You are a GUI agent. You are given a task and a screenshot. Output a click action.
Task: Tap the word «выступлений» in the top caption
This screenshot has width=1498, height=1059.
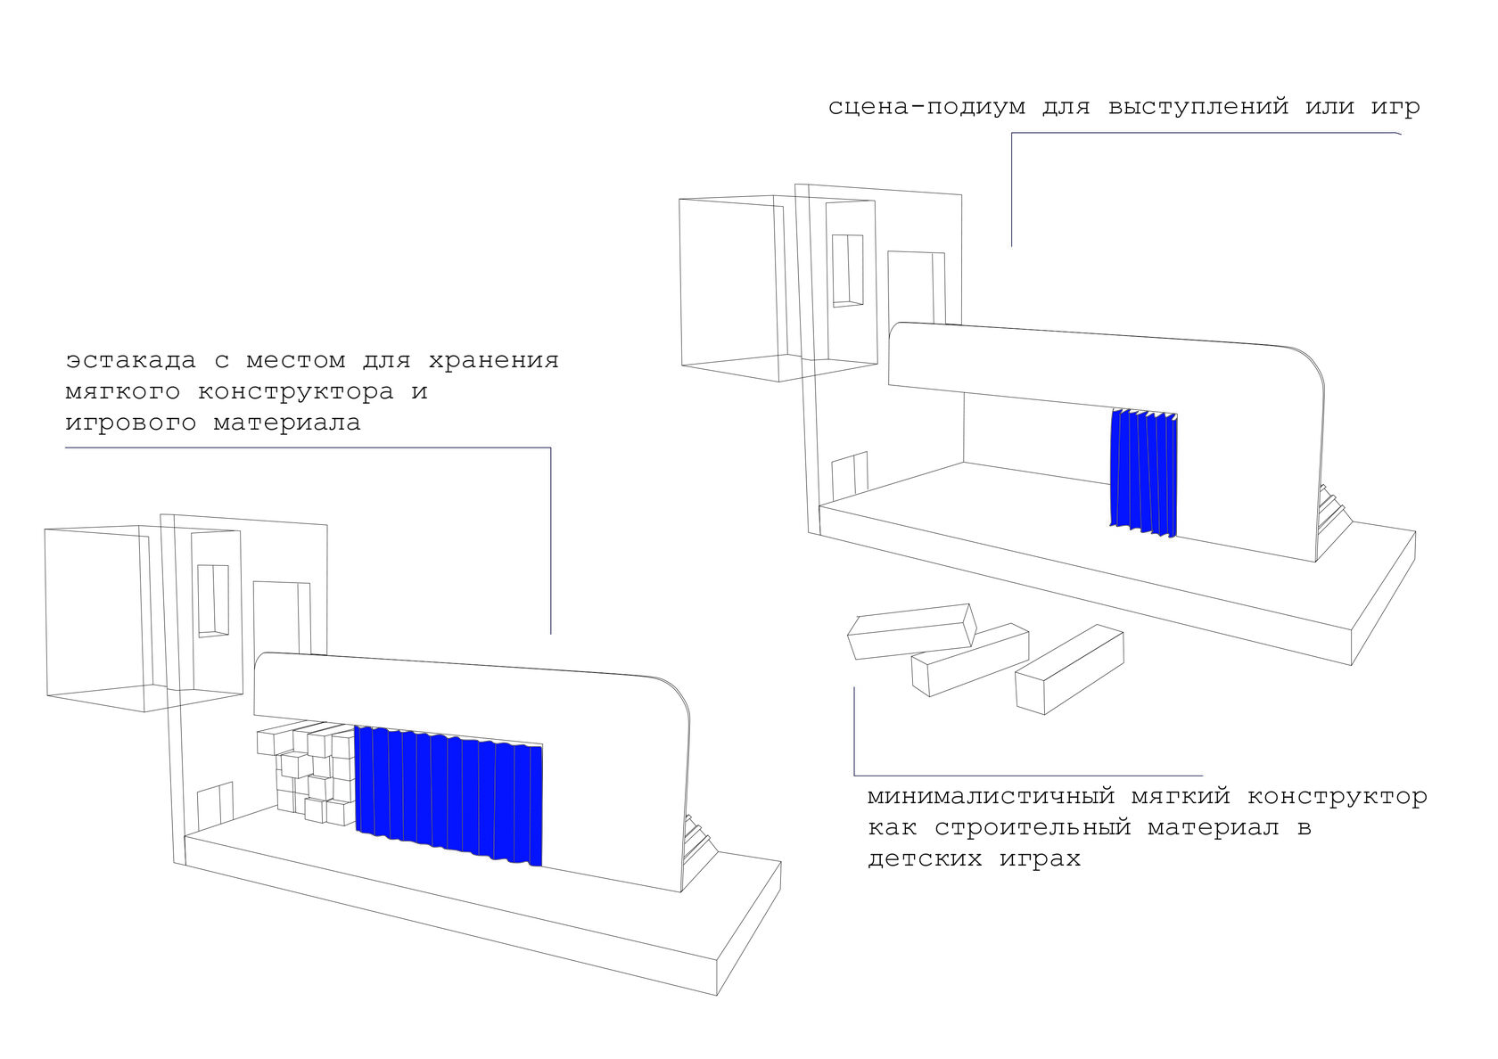tap(1198, 108)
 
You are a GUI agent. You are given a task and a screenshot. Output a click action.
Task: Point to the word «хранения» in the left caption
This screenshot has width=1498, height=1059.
tap(493, 361)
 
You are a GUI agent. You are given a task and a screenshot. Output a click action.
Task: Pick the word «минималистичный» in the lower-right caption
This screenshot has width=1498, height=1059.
tap(991, 796)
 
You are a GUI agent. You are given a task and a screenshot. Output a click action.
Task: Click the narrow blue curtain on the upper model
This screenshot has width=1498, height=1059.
tap(1143, 472)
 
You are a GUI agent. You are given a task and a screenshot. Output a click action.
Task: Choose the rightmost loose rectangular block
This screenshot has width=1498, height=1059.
tap(1069, 669)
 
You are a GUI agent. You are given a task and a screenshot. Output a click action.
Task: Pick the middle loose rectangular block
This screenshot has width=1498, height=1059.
tap(970, 659)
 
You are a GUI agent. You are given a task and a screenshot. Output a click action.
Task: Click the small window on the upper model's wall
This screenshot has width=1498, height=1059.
tap(848, 271)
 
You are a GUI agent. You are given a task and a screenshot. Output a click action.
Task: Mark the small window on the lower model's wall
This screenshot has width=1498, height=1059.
tap(213, 600)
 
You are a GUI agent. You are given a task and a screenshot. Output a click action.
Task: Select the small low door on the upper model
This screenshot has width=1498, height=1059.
tap(849, 479)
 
